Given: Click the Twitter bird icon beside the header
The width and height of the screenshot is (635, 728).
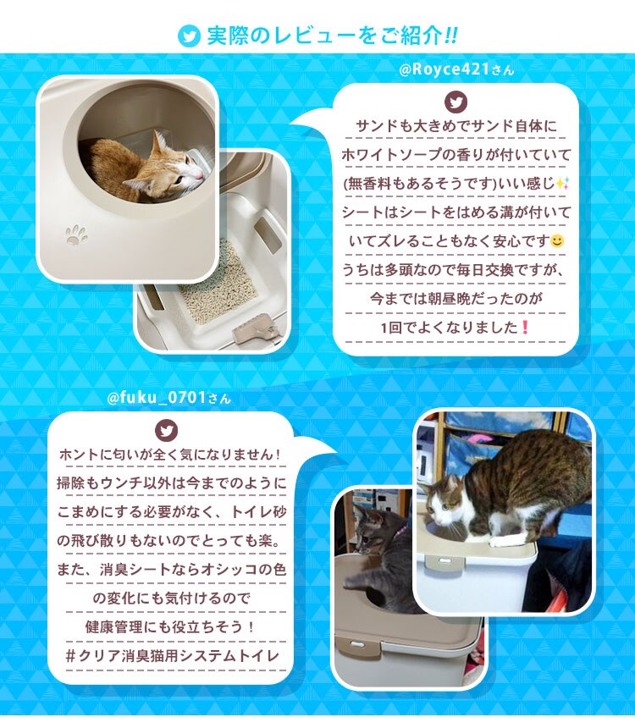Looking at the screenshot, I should [189, 37].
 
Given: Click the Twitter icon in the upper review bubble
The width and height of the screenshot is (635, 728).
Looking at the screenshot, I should [456, 102].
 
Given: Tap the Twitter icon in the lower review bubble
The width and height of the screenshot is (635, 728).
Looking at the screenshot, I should [168, 431].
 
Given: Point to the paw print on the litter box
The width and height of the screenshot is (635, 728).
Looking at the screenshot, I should [77, 234].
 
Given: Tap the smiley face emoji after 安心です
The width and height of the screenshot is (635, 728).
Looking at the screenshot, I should [556, 242].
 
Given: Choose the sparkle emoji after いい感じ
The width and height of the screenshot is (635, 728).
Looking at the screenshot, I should [562, 184].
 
